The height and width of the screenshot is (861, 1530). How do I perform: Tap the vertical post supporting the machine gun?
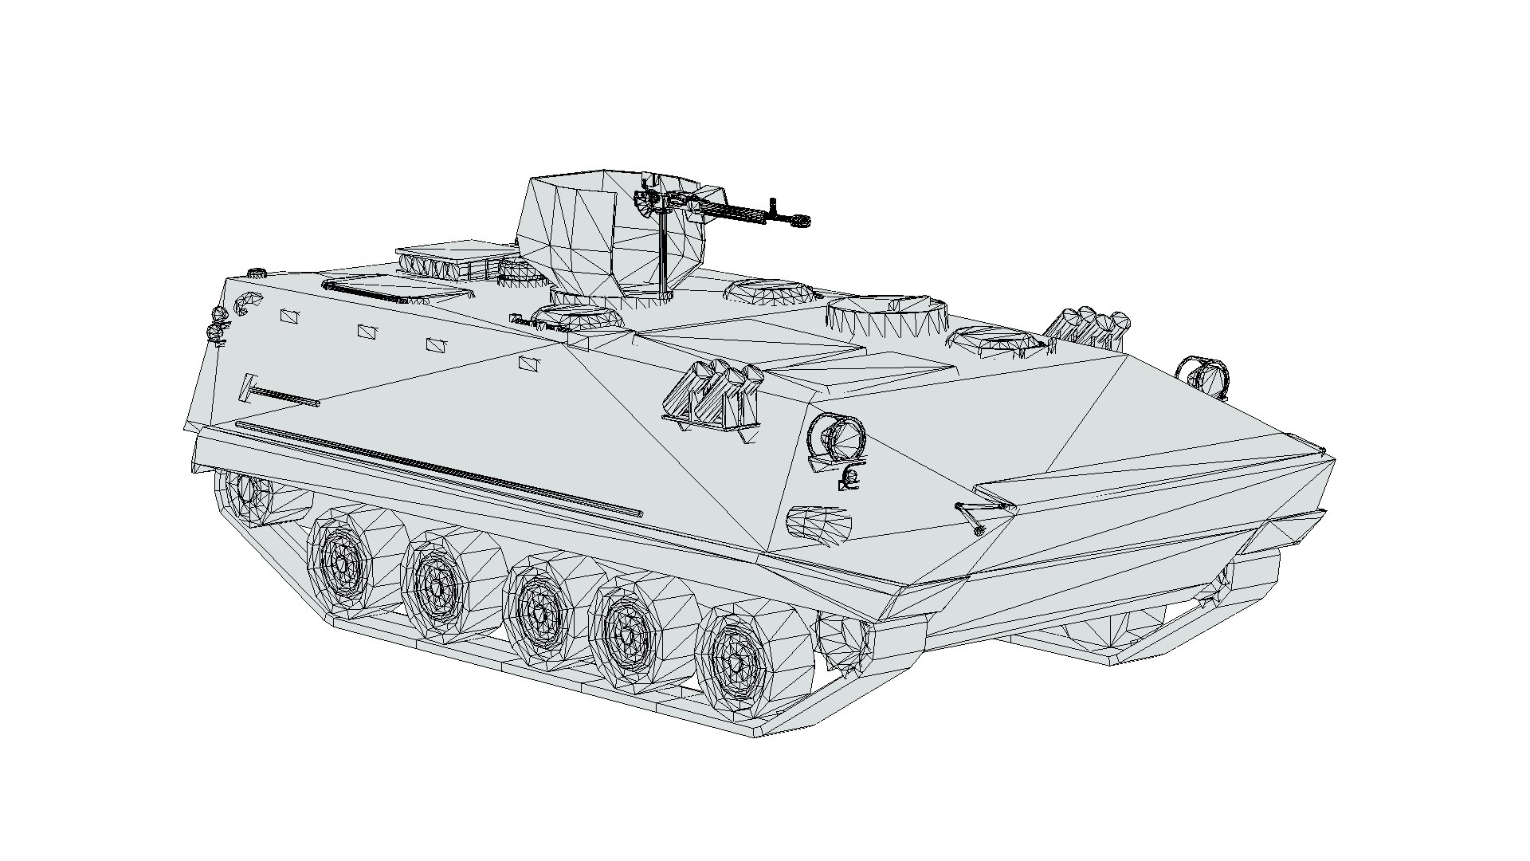tap(663, 255)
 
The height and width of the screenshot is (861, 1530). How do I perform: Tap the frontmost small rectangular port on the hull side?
tap(530, 364)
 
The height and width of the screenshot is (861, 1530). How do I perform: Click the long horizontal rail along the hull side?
tap(438, 470)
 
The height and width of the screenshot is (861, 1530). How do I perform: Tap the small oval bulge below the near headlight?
tap(818, 524)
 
